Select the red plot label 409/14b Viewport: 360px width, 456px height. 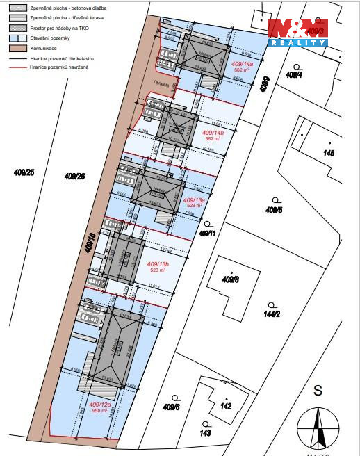click(x=212, y=132)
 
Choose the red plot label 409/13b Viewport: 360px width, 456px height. click(x=158, y=264)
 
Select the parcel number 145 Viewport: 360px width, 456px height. click(x=329, y=153)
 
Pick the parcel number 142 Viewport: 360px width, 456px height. click(x=225, y=406)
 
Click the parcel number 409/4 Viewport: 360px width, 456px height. click(x=294, y=74)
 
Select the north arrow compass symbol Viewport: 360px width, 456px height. click(x=318, y=427)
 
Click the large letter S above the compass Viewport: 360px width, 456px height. click(x=318, y=391)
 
